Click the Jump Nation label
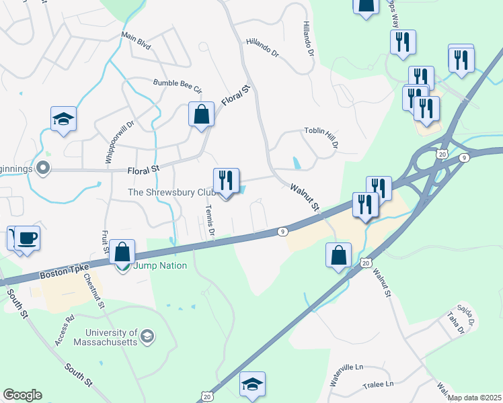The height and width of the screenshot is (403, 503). click(x=160, y=265)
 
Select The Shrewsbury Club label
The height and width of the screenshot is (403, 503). click(x=169, y=192)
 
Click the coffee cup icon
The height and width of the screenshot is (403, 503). click(x=27, y=238)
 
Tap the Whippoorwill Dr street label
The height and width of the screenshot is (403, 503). click(x=111, y=142)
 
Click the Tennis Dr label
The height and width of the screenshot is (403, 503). click(x=210, y=222)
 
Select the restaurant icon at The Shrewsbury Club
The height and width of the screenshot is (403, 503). click(x=225, y=181)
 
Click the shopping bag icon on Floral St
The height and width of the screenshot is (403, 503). click(x=201, y=115)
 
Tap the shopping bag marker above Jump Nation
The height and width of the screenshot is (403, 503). click(x=122, y=253)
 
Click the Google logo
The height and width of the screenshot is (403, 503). click(x=22, y=394)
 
